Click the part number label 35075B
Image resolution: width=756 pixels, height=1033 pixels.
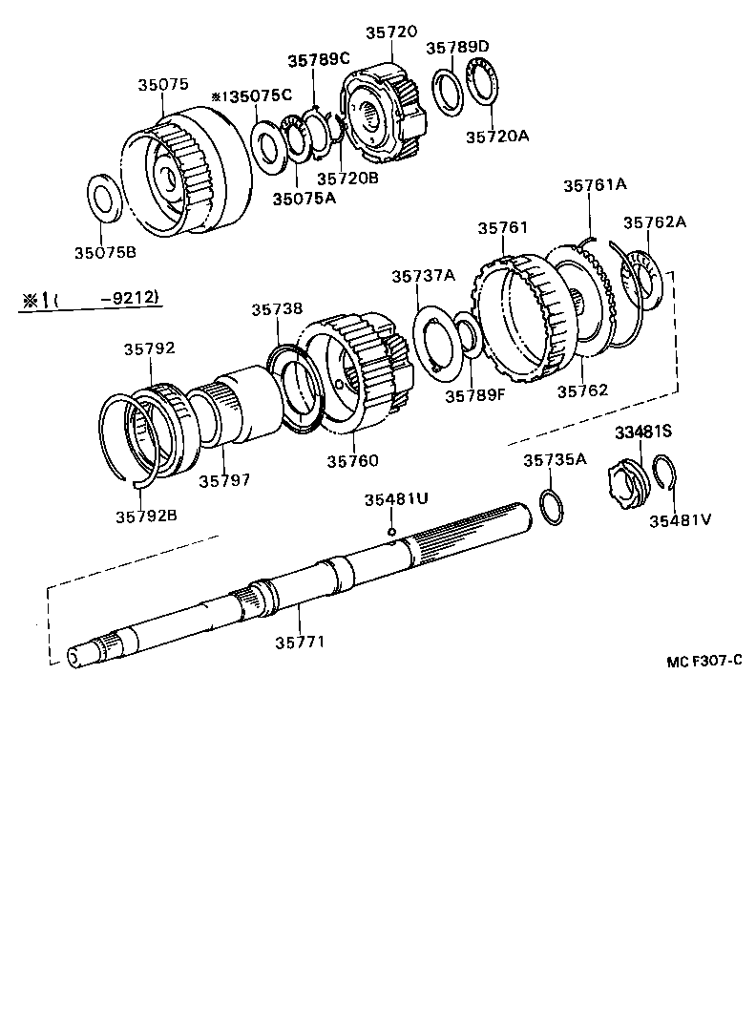(105, 252)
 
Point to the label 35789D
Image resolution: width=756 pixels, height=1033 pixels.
(456, 47)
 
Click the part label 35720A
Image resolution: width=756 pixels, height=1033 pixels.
(496, 136)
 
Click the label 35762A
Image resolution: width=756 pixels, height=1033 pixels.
(655, 222)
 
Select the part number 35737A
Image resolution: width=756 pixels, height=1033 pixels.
(423, 276)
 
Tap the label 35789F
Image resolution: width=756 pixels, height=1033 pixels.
(473, 392)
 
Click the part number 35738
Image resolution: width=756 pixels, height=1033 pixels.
(277, 308)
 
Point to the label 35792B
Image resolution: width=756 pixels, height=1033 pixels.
(146, 516)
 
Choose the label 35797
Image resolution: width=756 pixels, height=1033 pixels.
(224, 480)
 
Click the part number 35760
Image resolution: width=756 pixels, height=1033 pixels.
(352, 460)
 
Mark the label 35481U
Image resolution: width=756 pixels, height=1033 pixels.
(396, 499)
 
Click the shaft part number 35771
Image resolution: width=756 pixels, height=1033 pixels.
(301, 642)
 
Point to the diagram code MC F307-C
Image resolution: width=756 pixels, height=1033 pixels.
(704, 660)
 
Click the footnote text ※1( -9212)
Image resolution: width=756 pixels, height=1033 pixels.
(92, 300)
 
